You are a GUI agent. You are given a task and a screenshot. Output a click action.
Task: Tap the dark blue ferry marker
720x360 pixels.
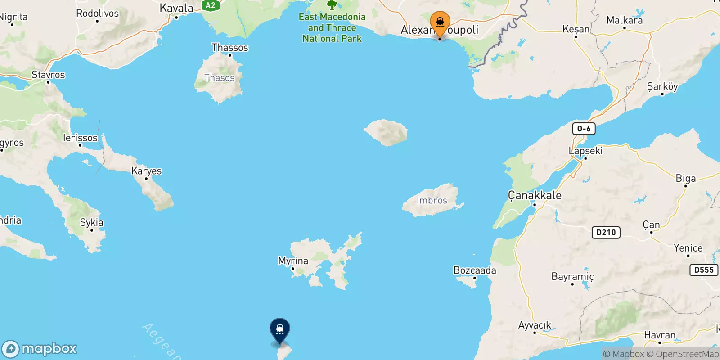point(280,329)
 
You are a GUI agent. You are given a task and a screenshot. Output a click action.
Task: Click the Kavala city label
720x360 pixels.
point(176,8)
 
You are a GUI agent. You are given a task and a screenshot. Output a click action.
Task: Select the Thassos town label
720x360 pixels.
point(230,47)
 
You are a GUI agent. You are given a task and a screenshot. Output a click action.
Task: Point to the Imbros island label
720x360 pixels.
point(432,200)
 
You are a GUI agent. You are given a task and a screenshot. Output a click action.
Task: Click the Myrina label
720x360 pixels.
point(293,261)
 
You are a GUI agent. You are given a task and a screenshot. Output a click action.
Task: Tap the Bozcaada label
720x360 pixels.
point(475,270)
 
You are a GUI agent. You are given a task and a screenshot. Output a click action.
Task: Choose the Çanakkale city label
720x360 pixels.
point(535,195)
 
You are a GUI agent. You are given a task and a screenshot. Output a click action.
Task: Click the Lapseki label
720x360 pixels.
point(585,151)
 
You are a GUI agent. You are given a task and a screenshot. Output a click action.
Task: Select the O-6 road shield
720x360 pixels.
point(584,129)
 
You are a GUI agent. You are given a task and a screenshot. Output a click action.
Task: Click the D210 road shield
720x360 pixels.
point(606,232)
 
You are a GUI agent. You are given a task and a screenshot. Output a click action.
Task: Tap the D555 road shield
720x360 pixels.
point(704,270)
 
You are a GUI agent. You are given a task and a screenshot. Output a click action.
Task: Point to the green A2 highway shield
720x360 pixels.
point(210,5)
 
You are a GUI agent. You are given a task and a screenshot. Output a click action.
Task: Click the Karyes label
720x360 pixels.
point(146,171)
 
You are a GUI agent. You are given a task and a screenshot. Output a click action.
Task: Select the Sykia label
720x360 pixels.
point(92,222)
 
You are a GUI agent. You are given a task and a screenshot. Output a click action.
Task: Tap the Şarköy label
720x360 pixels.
point(662,86)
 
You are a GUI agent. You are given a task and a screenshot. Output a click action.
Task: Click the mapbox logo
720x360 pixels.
point(40,349)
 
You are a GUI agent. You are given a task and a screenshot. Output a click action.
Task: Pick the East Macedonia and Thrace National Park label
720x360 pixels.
point(332,27)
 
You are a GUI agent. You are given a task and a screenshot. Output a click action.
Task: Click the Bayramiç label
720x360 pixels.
point(572,276)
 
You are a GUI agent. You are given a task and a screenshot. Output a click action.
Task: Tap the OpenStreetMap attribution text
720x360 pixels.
point(687,354)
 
